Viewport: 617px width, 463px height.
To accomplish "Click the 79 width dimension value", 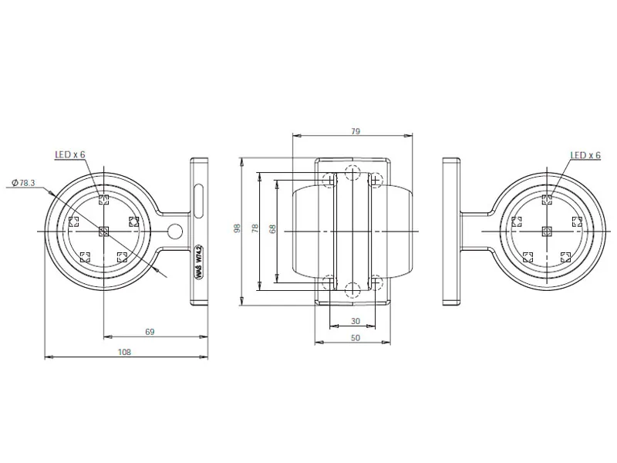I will tap(355, 131).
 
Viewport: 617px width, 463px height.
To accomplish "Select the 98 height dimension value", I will tap(236, 228).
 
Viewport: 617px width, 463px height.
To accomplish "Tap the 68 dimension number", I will tap(272, 228).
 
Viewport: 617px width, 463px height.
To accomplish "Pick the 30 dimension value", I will tap(355, 320).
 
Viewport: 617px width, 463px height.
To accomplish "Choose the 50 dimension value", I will tap(355, 338).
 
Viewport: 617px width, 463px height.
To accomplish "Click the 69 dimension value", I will tap(150, 332).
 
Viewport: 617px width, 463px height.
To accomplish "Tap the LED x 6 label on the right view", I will tap(585, 155).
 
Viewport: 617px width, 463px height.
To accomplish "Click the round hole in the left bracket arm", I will tap(175, 230).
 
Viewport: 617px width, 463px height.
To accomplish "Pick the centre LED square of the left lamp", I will tap(104, 230).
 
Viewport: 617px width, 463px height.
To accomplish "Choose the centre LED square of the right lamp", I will tap(547, 230).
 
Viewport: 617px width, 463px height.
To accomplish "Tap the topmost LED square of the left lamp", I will tap(104, 200).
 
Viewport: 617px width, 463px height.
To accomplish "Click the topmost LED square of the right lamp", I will tap(547, 200).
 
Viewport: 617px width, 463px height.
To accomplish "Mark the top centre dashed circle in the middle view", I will tap(353, 171).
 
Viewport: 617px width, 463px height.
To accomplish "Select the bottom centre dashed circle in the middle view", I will tap(353, 289).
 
